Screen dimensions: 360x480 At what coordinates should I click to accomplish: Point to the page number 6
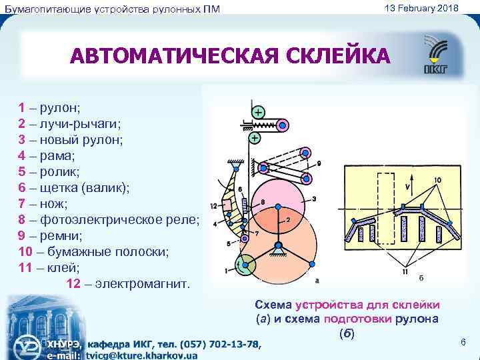(x=463, y=342)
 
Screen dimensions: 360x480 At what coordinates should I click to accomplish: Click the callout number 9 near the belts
(x=319, y=163)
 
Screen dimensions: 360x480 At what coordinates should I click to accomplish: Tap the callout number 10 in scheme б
(x=437, y=180)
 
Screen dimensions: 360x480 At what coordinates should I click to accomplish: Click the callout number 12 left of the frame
(x=213, y=205)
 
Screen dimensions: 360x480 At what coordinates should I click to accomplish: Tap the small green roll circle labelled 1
(x=245, y=265)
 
